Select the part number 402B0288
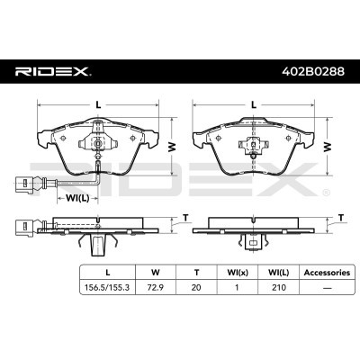point(313,71)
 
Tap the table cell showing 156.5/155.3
point(108,287)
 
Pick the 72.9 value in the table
point(156,287)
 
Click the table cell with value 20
point(196,287)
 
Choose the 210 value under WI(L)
point(278,287)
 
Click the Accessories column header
point(327,273)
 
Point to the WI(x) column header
point(238,273)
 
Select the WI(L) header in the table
point(278,273)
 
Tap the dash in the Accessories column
point(327,288)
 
